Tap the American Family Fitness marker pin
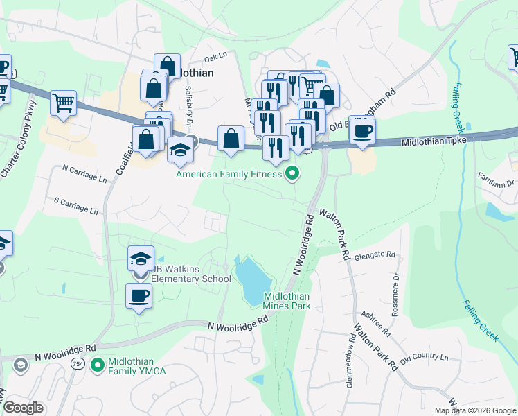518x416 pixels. pyautogui.click(x=292, y=173)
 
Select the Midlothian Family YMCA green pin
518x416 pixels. pyautogui.click(x=98, y=363)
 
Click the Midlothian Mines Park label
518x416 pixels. pyautogui.click(x=287, y=300)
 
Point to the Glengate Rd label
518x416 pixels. pyautogui.click(x=375, y=254)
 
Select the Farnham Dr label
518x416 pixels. pyautogui.click(x=497, y=182)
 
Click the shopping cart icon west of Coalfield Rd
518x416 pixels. pyautogui.click(x=63, y=103)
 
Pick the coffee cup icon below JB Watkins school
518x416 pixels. pyautogui.click(x=139, y=295)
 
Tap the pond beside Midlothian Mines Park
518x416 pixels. pyautogui.click(x=254, y=281)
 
